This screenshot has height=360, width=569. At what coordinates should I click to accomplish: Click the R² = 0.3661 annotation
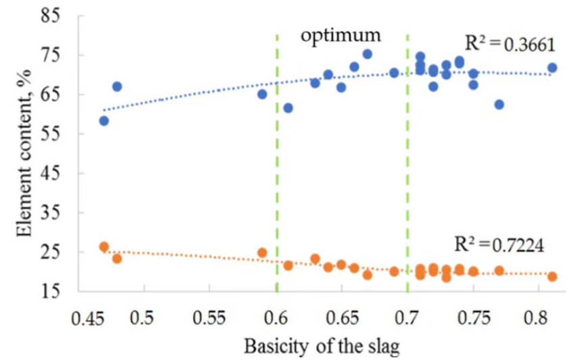510,45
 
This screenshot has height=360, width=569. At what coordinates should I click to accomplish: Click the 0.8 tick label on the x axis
538,317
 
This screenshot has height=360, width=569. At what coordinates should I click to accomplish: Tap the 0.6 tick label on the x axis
276,317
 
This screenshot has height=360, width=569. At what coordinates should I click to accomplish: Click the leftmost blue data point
104,121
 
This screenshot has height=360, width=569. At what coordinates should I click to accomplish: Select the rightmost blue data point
552,68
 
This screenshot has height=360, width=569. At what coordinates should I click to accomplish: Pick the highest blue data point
368,54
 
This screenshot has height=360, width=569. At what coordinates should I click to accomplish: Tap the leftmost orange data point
104,247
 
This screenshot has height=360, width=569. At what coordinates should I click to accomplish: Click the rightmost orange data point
552,276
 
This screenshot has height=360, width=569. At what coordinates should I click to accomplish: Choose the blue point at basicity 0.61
289,108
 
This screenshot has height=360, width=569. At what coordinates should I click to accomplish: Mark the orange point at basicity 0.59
262,253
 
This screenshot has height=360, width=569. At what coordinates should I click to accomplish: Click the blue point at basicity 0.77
499,105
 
